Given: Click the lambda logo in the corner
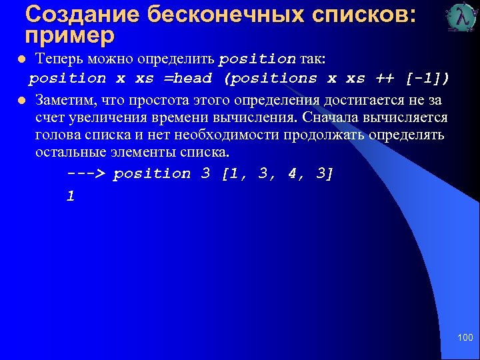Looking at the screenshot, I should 461,18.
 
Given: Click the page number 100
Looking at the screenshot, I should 464,338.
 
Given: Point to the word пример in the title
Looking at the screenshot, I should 69,33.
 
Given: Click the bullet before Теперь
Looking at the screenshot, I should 21,59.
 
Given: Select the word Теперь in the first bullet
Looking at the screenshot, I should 59,59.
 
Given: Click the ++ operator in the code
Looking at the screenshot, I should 385,79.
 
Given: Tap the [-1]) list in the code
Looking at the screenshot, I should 427,79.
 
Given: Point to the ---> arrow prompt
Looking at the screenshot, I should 86,174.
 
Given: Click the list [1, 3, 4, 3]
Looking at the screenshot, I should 277,174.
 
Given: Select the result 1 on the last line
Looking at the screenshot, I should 71,196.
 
